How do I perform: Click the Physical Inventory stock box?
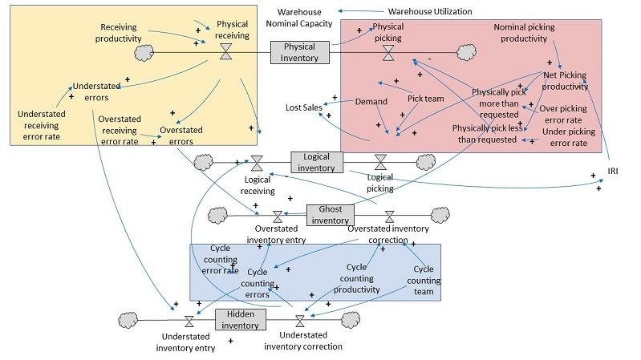(x=299, y=52)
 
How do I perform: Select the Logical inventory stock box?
(x=316, y=161)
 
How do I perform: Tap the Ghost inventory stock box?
(x=330, y=215)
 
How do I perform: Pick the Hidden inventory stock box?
(x=239, y=319)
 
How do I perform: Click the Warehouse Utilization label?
(x=429, y=12)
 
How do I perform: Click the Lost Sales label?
(x=303, y=107)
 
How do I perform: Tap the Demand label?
(x=371, y=102)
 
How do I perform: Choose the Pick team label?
(x=426, y=99)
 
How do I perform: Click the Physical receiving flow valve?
(x=225, y=52)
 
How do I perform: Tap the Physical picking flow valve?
(x=387, y=53)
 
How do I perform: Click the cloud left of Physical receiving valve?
(x=145, y=53)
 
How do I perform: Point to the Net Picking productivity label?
(x=566, y=81)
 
